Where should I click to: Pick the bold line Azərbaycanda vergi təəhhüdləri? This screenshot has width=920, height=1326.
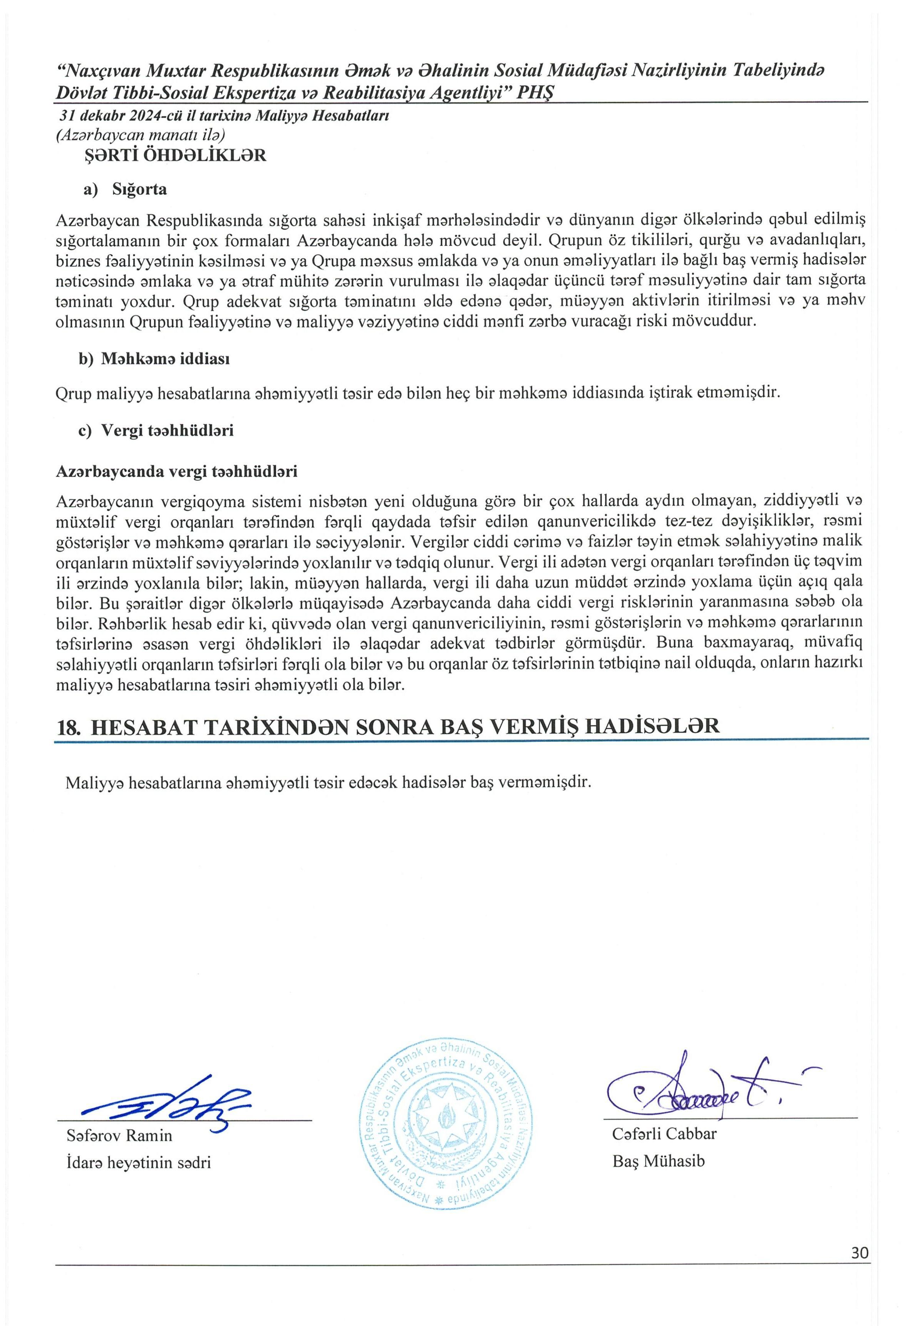click(176, 472)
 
